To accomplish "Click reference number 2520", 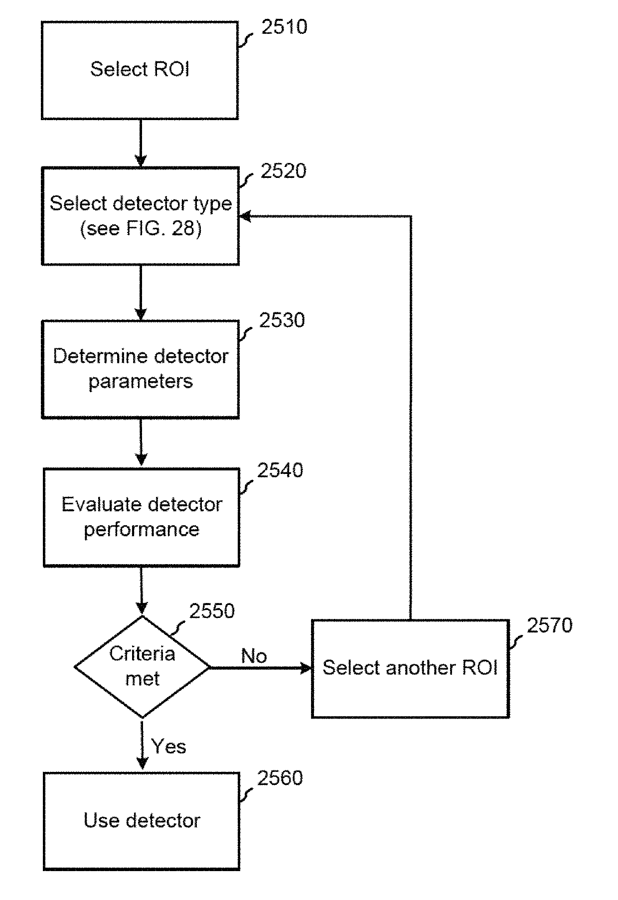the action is click(283, 171).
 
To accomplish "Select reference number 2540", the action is click(280, 470).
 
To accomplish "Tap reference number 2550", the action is click(212, 611).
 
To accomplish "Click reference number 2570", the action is click(550, 625).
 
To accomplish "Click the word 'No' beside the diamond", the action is click(254, 656).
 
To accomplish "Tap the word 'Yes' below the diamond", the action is click(169, 746).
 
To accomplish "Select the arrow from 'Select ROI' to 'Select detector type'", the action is click(141, 143).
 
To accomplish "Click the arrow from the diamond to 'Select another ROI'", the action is click(261, 668).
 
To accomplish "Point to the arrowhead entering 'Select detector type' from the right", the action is click(245, 216).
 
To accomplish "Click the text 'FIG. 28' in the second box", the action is click(149, 229).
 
